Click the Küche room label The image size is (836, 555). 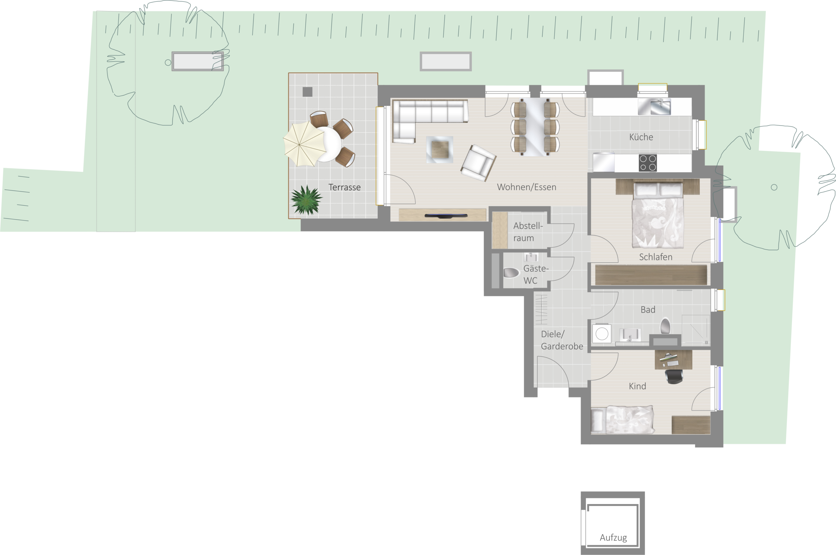[641, 137]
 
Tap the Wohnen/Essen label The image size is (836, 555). [526, 187]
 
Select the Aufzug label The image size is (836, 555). [613, 538]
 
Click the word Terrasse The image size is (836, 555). [344, 187]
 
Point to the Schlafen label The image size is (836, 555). [655, 257]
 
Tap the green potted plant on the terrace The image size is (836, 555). [306, 200]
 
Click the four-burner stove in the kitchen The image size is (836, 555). [648, 163]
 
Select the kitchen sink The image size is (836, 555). [654, 106]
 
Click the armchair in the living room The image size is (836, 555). [478, 163]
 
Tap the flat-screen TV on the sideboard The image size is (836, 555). [446, 215]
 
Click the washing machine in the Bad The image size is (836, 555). [602, 333]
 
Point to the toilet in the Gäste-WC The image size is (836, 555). [511, 273]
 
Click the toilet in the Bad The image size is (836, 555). [665, 326]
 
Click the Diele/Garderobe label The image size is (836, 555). [562, 340]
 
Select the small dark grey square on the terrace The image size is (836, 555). [307, 92]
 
